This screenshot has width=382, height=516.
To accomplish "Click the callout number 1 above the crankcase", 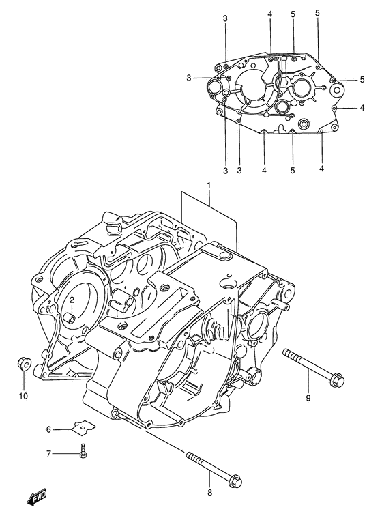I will coord(209,186).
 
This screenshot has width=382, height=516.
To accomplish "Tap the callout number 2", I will coord(71,300).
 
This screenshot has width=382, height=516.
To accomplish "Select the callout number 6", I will coord(48,429).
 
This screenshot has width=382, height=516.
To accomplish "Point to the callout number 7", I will coord(48,453).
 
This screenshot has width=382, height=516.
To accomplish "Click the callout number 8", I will coord(210,492).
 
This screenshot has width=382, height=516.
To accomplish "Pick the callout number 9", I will coord(308,398).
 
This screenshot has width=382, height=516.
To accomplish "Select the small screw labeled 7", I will coord(84,450).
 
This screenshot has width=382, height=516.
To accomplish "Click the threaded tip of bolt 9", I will coord(287,353).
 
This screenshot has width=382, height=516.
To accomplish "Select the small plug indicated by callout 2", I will coord(70,317).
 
